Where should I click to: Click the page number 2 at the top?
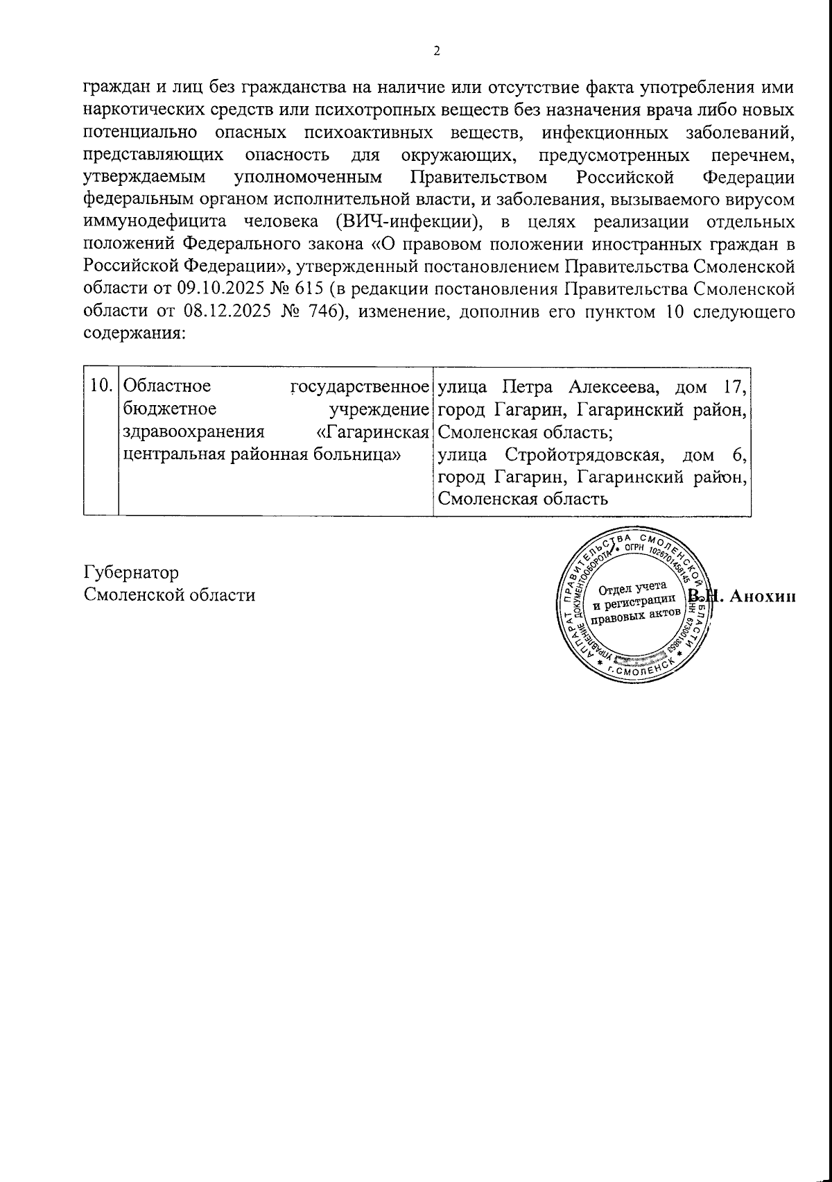click(436, 51)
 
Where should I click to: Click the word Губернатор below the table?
click(131, 572)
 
